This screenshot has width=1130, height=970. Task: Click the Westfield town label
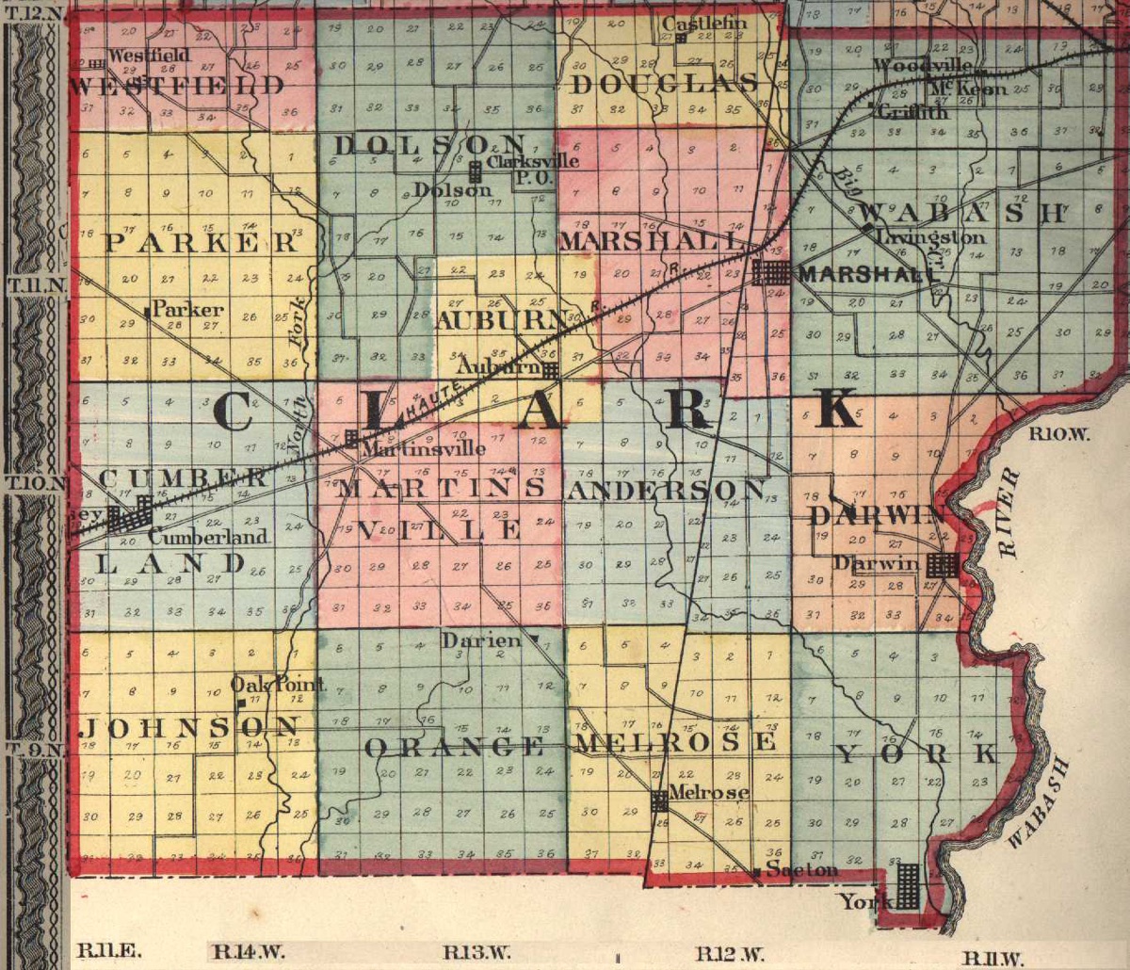149,56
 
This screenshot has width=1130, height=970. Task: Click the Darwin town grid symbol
942,565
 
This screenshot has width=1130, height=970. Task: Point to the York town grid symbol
907,886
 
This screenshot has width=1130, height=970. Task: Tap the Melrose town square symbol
660,801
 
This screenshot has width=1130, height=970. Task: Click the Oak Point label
279,685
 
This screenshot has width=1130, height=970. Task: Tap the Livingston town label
930,238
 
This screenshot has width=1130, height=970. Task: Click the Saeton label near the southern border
801,869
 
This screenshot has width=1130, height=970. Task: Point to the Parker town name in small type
187,309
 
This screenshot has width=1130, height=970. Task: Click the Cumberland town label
207,538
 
